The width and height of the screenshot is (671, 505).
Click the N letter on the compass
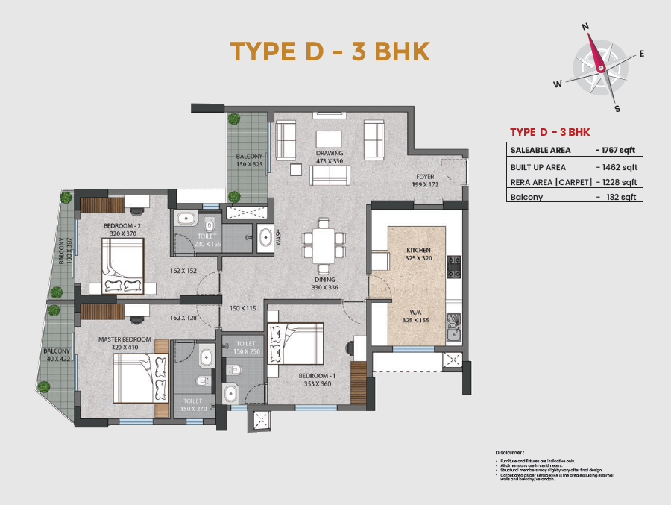(x=586, y=26)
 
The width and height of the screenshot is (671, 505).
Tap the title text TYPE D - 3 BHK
(x=330, y=51)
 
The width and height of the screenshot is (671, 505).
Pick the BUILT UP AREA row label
(x=538, y=167)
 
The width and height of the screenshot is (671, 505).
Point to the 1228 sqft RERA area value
(x=618, y=182)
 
